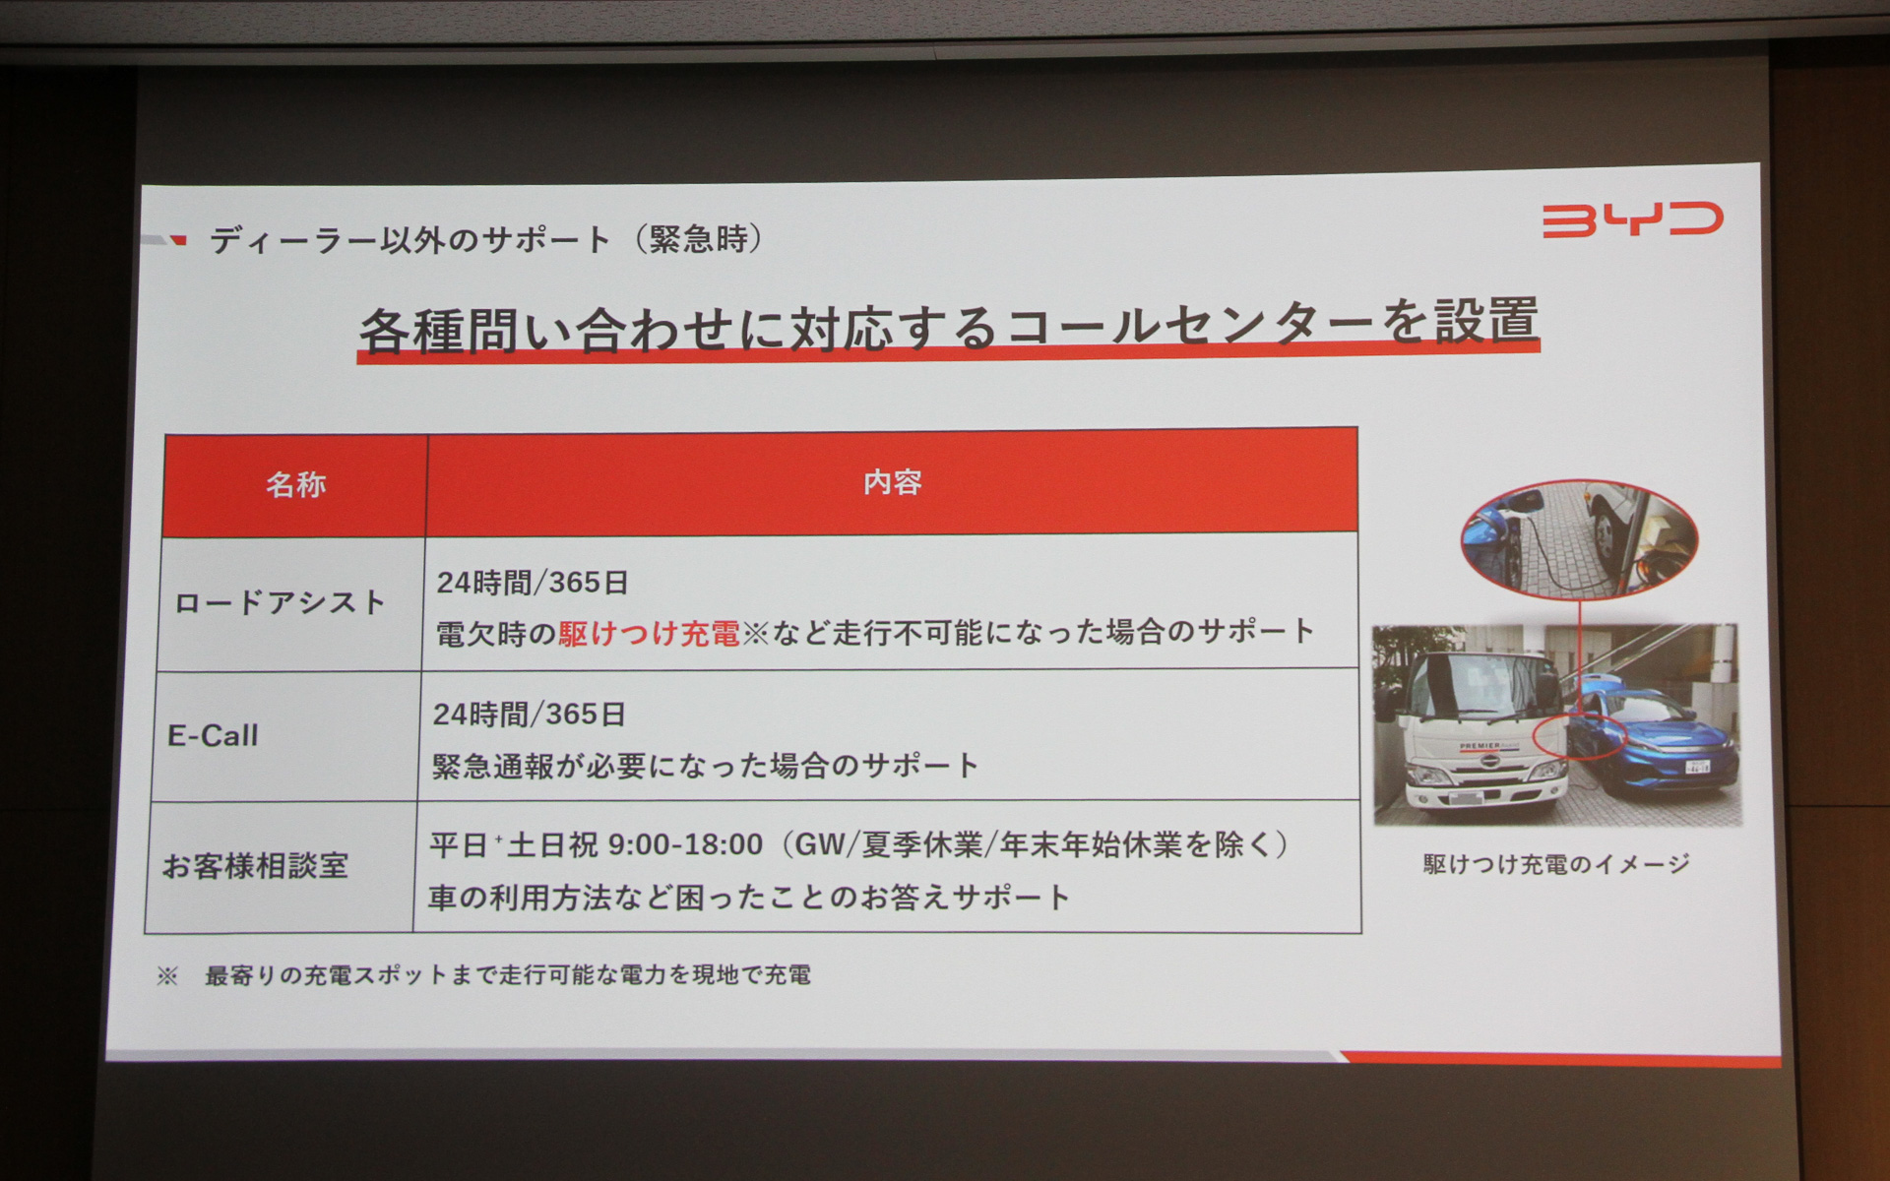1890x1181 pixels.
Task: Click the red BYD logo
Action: pos(1632,219)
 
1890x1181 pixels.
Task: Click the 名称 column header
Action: pos(295,484)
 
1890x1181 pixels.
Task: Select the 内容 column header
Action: pos(892,482)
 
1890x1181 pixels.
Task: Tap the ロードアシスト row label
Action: pos(281,603)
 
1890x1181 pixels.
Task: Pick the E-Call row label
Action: pos(214,735)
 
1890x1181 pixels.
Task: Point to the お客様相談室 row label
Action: pos(255,866)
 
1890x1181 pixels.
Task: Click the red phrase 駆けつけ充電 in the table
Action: pos(649,634)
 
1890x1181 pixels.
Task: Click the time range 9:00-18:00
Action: pos(685,844)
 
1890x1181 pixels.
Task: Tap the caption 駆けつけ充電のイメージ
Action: pos(1556,864)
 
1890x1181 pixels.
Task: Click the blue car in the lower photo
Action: pos(1654,728)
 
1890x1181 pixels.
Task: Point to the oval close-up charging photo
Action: pos(1579,540)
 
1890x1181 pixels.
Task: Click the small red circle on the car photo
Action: pos(1578,737)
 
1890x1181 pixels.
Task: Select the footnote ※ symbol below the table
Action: pos(167,976)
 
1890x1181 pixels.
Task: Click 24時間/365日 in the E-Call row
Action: pos(529,714)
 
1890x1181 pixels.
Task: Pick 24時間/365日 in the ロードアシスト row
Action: pos(533,583)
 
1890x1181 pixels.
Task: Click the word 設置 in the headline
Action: pos(1485,320)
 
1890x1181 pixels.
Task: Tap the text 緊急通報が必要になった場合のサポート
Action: pos(705,766)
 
